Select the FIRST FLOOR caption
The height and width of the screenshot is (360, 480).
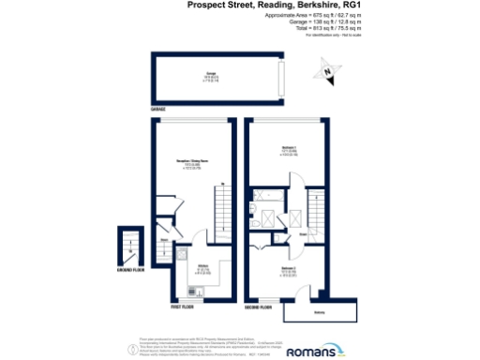(183, 305)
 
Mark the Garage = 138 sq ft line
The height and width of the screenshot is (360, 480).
(329, 23)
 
